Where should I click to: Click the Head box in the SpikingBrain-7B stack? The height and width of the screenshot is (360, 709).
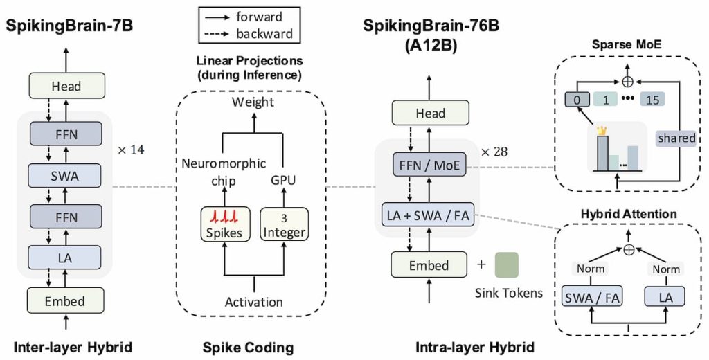66,87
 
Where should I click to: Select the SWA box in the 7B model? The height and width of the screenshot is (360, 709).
66,177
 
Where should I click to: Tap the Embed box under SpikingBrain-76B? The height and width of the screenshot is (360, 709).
429,265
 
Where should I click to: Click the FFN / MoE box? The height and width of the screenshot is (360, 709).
429,165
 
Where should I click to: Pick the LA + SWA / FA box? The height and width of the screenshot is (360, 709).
429,216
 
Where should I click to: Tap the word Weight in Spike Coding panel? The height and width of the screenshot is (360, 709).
253,102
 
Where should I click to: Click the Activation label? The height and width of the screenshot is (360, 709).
253,302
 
